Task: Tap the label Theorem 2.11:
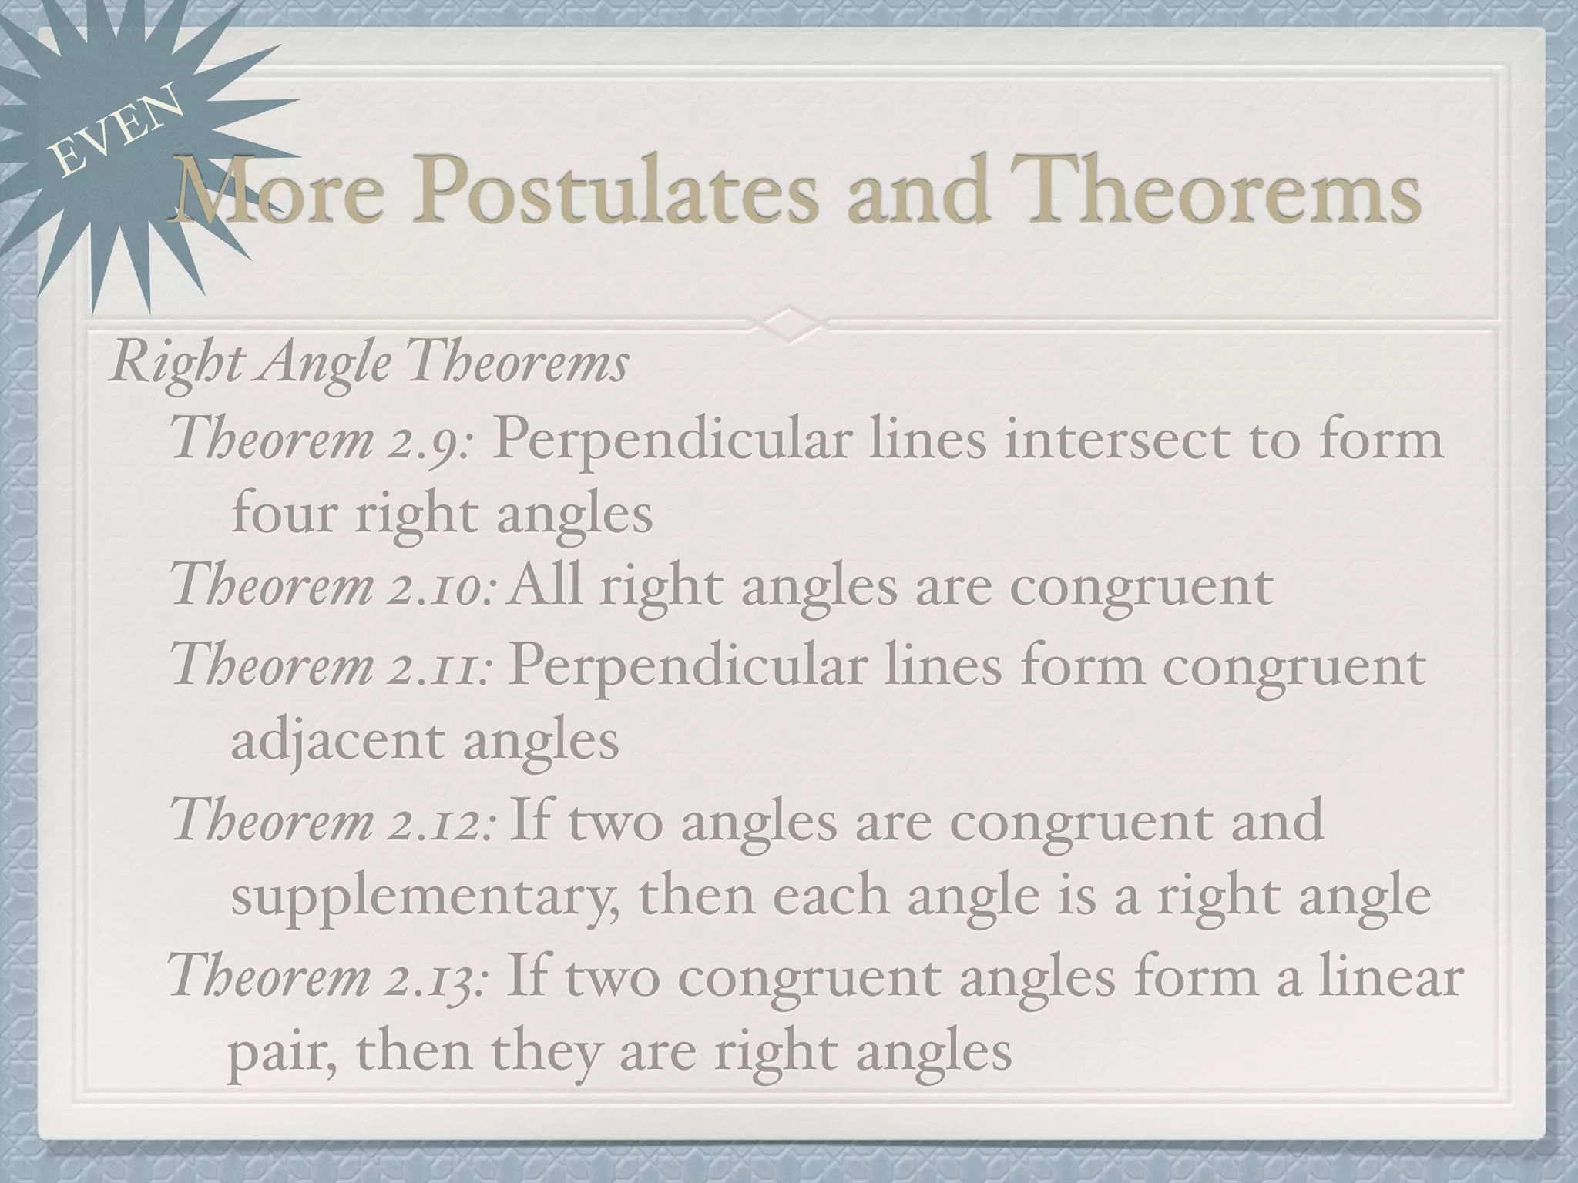(x=331, y=666)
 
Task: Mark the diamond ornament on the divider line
(x=790, y=319)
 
